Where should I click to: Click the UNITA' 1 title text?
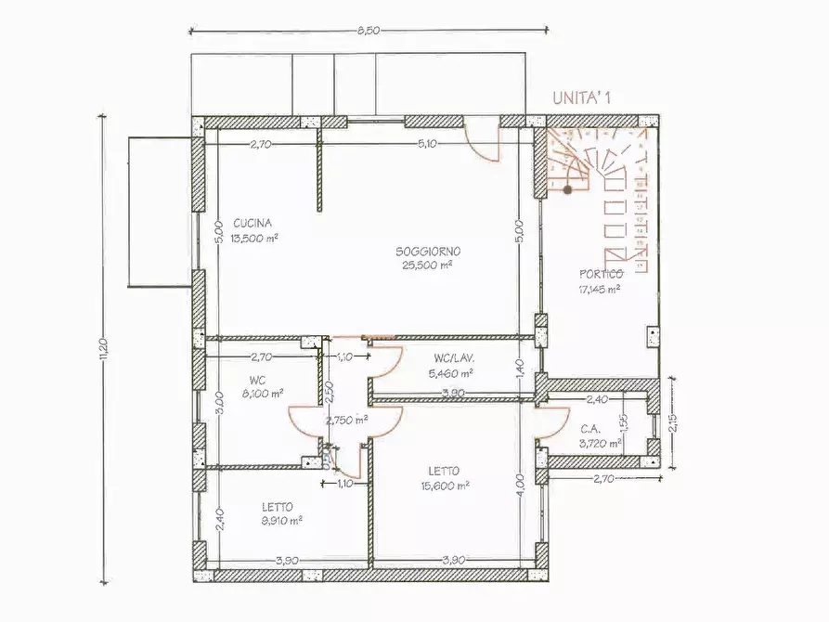[588, 97]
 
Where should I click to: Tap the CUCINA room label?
[253, 223]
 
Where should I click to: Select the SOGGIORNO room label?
[428, 252]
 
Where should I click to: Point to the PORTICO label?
[601, 274]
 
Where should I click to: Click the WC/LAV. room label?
[454, 358]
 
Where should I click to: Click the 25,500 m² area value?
[427, 265]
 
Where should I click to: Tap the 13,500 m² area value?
[254, 237]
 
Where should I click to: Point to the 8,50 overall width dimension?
[368, 31]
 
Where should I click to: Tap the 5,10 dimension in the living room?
[427, 144]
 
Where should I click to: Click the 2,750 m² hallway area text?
[346, 420]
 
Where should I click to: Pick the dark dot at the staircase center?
[566, 189]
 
